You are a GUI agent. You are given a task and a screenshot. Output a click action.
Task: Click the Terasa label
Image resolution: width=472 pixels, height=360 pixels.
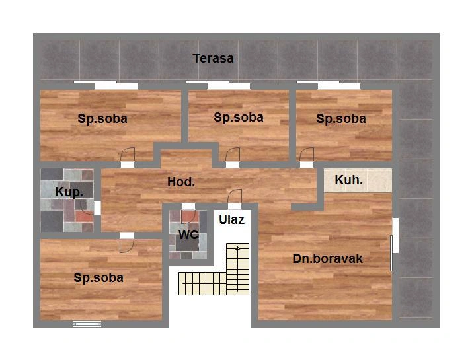tap(213, 58)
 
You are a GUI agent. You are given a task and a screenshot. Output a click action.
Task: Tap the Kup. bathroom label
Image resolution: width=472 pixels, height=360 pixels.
tap(69, 192)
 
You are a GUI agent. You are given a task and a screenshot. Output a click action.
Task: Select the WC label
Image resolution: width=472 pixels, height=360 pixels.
tap(188, 234)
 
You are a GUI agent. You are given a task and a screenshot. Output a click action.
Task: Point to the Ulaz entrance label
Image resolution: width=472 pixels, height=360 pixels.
tap(231, 220)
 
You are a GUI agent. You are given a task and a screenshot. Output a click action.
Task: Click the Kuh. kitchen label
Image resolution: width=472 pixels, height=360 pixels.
tap(348, 180)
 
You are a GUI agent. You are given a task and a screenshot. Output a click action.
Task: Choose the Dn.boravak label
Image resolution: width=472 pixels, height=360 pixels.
tap(327, 259)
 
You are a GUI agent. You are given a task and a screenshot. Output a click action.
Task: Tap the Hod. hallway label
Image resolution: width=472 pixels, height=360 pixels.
tap(181, 182)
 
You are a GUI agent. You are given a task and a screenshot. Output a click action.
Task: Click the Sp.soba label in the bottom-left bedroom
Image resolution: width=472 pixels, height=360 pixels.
tap(98, 278)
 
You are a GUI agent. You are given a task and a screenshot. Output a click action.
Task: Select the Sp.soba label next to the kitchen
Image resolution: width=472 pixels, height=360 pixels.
tap(340, 118)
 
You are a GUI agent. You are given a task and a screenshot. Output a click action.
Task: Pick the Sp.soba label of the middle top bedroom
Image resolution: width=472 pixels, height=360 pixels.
tap(239, 118)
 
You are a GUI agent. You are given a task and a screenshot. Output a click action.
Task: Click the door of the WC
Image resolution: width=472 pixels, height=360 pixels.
tap(189, 216)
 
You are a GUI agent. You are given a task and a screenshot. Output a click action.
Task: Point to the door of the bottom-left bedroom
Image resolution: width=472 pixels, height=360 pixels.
tap(127, 246)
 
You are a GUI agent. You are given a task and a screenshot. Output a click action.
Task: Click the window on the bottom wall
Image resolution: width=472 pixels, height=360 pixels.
tap(87, 324)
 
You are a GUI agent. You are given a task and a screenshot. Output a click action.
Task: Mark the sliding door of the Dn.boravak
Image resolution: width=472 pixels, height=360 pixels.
tap(391, 253)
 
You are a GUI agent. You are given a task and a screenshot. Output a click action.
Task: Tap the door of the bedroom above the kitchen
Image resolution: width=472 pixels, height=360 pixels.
tap(307, 155)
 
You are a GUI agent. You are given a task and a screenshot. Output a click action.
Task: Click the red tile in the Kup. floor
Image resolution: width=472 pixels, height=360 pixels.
tap(84, 216)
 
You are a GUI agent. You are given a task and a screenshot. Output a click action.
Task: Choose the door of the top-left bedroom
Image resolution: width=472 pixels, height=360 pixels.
tap(128, 155)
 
